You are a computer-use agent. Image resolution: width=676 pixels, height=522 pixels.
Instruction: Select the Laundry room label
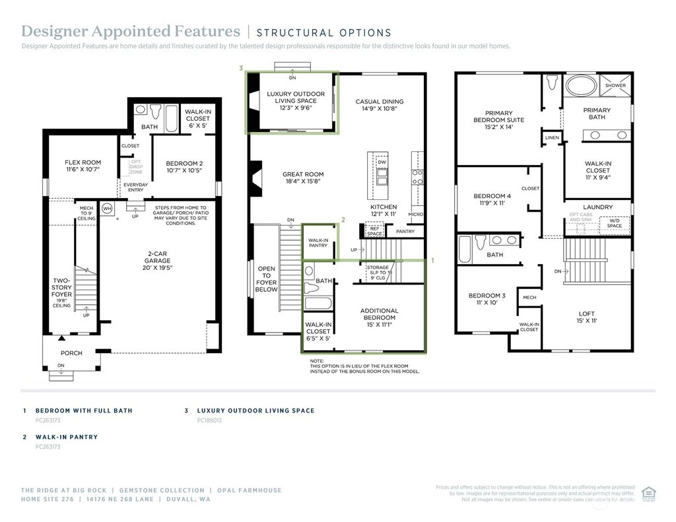[597, 207]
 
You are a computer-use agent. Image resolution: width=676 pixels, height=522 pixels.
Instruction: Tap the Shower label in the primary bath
[615, 85]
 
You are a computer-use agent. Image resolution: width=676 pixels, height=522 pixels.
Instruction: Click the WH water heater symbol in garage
[107, 209]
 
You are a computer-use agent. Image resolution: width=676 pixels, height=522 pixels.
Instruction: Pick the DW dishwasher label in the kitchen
[382, 162]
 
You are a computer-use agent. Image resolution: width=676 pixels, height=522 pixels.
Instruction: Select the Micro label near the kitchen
[415, 214]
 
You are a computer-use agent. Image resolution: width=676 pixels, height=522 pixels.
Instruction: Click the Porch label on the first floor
[71, 353]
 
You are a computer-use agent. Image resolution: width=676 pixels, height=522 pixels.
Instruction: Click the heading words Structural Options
[323, 33]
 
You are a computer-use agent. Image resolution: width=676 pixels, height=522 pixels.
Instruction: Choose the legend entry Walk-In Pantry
[66, 437]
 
